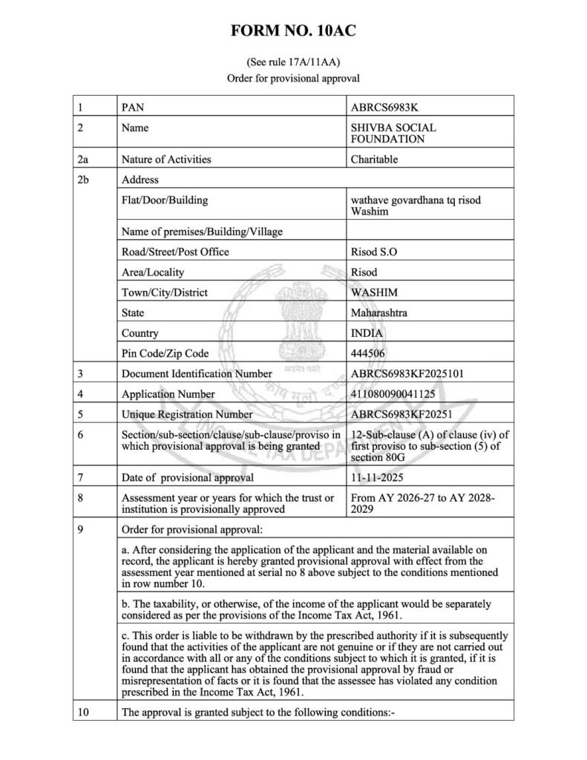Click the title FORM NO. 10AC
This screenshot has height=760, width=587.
click(x=293, y=31)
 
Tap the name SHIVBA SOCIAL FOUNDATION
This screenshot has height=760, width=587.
click(x=393, y=133)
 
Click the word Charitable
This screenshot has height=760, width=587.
click(x=375, y=159)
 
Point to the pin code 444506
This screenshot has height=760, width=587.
click(x=368, y=353)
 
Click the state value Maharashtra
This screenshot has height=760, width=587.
click(x=378, y=312)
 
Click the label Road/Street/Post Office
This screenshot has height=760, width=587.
click(x=175, y=252)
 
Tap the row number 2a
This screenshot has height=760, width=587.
click(x=83, y=159)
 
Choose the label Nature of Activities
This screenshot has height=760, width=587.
click(x=166, y=159)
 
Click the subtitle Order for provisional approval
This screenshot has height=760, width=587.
click(x=293, y=77)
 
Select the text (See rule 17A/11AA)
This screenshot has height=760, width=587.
click(x=293, y=62)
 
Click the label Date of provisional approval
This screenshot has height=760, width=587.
click(x=188, y=477)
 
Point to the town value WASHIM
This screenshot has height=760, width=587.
click(x=373, y=292)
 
